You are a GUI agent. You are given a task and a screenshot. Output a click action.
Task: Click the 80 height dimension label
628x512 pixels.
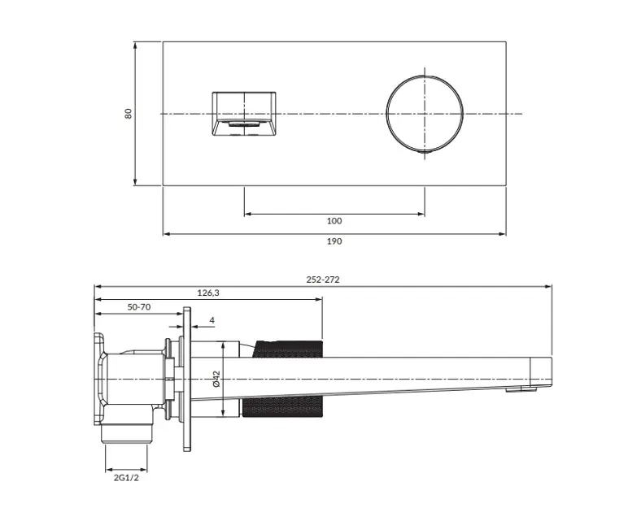[x=129, y=113]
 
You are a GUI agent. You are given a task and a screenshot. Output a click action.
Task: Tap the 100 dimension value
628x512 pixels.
[x=334, y=221]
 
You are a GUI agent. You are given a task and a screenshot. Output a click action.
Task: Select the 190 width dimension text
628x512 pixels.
[x=334, y=241]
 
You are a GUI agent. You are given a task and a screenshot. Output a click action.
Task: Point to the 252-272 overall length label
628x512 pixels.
[x=323, y=280]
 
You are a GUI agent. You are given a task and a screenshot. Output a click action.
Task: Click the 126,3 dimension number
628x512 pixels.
[x=208, y=293]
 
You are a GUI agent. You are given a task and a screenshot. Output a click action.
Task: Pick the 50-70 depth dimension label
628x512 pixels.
[x=139, y=307]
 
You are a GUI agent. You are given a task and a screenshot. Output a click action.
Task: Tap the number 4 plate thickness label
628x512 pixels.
[x=212, y=320]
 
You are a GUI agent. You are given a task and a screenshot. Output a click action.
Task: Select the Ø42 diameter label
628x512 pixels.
[x=216, y=379]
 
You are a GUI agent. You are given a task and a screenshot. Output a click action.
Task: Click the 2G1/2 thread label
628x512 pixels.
[x=126, y=478]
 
